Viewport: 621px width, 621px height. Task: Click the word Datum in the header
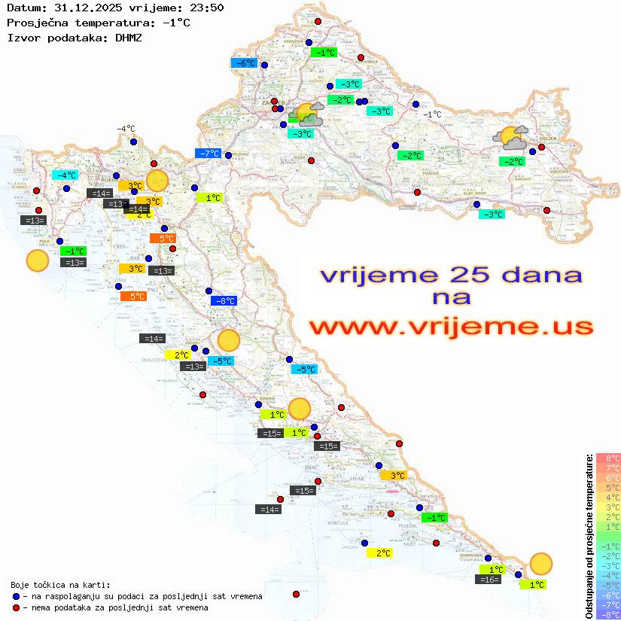23,8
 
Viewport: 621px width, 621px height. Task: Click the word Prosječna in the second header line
34,23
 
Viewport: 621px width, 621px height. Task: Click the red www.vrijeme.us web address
451,327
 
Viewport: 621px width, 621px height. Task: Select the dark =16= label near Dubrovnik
490,580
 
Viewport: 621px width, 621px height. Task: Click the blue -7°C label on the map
208,154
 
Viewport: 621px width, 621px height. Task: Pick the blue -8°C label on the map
225,301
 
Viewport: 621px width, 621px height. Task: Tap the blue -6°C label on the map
245,63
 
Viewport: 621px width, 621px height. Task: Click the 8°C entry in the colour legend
607,458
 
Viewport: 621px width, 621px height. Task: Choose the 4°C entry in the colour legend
607,497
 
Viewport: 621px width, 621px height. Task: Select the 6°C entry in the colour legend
607,477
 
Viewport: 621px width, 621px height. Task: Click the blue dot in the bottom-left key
17,596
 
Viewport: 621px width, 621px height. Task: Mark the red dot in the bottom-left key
17,607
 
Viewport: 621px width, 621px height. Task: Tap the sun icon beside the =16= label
540,563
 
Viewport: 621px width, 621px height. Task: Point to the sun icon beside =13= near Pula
38,260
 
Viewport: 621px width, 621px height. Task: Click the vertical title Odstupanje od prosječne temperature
589,536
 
